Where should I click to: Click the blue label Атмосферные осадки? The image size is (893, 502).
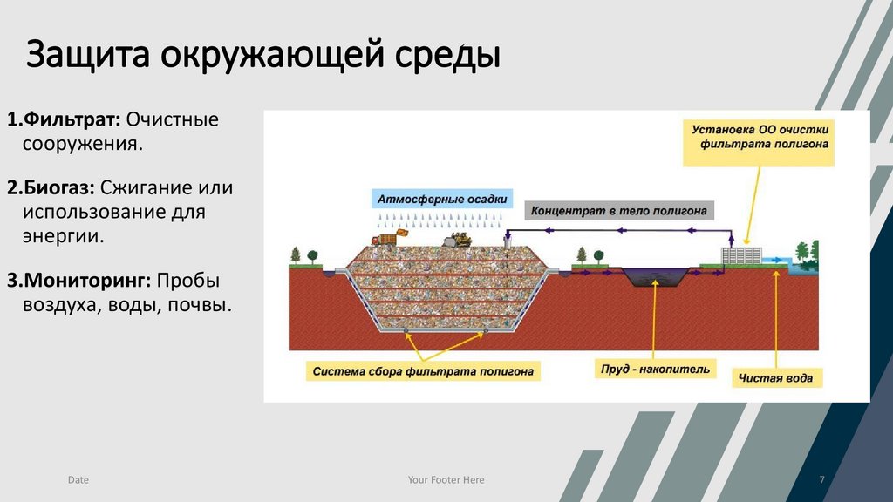[441, 199]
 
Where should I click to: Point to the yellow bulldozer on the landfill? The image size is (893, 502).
[455, 237]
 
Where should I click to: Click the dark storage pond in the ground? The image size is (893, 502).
[651, 276]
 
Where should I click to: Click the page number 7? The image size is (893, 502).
[821, 480]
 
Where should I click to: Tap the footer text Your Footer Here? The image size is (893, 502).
[446, 480]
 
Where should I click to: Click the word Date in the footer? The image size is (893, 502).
[78, 480]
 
